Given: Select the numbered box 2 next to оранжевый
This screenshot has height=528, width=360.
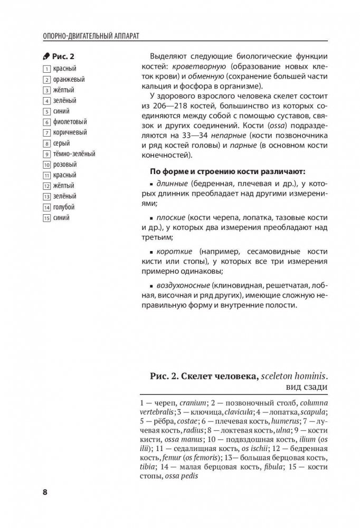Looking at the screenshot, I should click(x=47, y=80).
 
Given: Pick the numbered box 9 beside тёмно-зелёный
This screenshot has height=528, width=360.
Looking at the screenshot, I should click(x=47, y=153).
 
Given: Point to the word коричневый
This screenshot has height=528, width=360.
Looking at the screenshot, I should click(x=70, y=132).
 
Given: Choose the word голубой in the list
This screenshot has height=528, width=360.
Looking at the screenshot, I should click(x=63, y=207).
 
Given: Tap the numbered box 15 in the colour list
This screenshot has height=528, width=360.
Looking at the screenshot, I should click(x=47, y=217).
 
